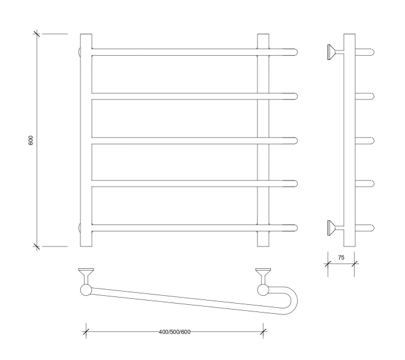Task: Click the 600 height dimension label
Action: (x=31, y=140)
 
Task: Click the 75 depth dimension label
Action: (x=341, y=257)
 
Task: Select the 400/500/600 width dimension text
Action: (x=175, y=332)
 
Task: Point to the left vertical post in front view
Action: (x=86, y=140)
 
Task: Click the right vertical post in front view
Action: (x=263, y=140)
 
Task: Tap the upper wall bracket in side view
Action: (x=335, y=52)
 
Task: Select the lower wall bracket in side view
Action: (x=335, y=228)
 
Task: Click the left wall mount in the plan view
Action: (x=86, y=277)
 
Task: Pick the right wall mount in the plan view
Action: (x=263, y=277)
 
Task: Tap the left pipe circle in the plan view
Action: (x=86, y=290)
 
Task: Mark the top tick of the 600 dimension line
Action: (x=37, y=34)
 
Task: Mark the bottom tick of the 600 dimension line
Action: (x=37, y=247)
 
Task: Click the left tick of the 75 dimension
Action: (x=328, y=263)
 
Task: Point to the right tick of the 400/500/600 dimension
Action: (x=263, y=332)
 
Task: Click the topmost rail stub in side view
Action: (x=365, y=52)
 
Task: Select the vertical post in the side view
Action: (x=349, y=140)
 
